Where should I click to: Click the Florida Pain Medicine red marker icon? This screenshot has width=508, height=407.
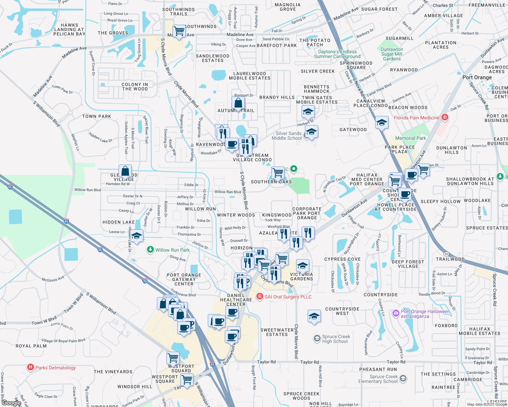tap(445, 118)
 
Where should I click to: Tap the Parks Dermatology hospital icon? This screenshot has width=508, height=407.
tap(31, 367)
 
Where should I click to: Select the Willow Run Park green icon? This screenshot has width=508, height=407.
tap(150, 250)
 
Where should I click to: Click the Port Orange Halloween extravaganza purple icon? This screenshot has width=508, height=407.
tap(396, 313)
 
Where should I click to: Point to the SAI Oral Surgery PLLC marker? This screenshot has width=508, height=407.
tap(260, 297)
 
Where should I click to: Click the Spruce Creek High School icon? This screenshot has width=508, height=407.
tap(317, 338)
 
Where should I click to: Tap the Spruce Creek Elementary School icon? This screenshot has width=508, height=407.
tap(403, 379)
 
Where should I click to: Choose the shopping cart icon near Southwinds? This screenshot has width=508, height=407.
tap(179, 31)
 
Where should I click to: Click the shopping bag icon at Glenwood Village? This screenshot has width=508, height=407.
tap(125, 171)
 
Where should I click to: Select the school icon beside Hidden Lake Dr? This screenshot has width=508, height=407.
tap(137, 236)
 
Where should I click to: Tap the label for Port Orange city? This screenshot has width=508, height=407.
tap(477, 77)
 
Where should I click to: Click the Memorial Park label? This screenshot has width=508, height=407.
tap(411, 138)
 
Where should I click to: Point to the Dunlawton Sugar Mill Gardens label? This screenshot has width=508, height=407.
tap(392, 54)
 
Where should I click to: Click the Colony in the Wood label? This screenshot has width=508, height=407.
tap(135, 86)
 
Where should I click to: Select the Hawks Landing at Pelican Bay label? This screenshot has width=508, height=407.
tap(69, 30)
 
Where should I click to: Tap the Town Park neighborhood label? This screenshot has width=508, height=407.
tap(97, 116)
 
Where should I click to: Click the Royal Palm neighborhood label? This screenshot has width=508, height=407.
tap(31, 346)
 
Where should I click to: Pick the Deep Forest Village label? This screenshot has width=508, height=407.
tap(408, 264)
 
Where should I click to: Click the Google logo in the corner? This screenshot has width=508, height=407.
tap(11, 403)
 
